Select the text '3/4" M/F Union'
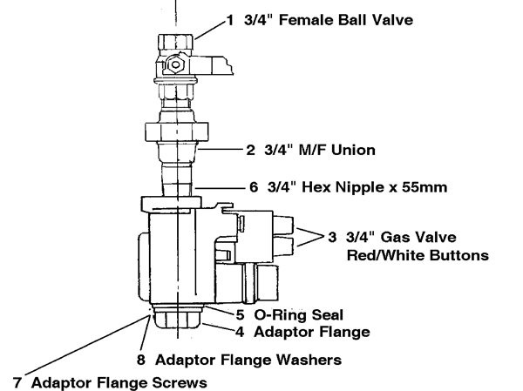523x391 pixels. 320,150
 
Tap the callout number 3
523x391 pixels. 332,238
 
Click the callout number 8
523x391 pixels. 140,358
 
